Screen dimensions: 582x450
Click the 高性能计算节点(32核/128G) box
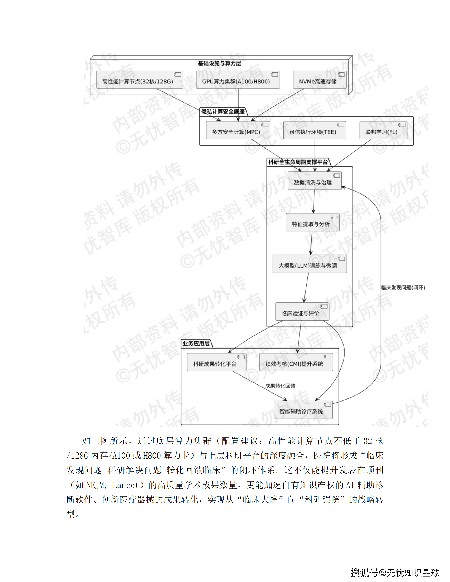139,80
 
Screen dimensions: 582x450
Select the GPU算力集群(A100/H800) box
238,80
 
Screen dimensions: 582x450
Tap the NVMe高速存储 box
319,80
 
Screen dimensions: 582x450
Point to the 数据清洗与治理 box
314,181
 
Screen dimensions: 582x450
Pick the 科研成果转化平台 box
216,362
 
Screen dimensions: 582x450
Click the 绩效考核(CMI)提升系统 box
296,362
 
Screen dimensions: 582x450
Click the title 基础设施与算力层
219,63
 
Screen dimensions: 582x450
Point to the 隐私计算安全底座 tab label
223,112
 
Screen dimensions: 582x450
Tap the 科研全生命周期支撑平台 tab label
298,162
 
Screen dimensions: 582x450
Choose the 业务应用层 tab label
196,343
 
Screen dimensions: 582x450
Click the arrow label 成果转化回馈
280,386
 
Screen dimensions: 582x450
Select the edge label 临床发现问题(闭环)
403,288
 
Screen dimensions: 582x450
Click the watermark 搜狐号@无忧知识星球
395,573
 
